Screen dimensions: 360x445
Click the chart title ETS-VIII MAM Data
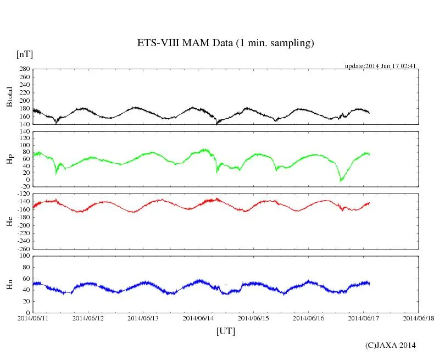pyautogui.click(x=225, y=43)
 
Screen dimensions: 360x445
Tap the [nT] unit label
pyautogui.click(x=24, y=54)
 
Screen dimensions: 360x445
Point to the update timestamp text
pyautogui.click(x=380, y=66)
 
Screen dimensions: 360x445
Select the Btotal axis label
pyautogui.click(x=9, y=97)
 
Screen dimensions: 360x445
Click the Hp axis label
pyautogui.click(x=9, y=160)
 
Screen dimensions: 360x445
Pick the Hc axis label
pyautogui.click(x=9, y=221)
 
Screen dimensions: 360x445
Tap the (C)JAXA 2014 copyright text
pyautogui.click(x=390, y=345)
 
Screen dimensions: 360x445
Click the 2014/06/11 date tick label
pyautogui.click(x=33, y=318)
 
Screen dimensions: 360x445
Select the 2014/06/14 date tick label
pyautogui.click(x=198, y=318)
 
